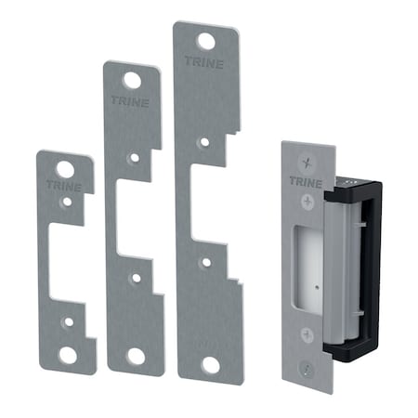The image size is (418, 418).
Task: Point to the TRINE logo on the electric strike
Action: coord(301,182)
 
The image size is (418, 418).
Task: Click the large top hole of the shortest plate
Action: coord(65,170)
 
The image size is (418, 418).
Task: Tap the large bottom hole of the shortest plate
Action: coord(67,354)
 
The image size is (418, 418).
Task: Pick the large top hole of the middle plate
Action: coord(133,80)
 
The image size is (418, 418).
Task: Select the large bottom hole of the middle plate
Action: coord(136,355)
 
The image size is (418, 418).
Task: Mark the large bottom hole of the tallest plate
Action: coord(210,364)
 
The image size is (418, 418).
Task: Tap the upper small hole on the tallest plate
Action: coord(203,140)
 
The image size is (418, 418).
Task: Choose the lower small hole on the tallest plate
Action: coord(206,265)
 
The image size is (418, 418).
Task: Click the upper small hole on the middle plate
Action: coord(135,159)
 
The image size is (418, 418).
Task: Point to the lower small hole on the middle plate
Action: coord(136,276)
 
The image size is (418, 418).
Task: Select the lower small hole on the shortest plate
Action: coord(67,320)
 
